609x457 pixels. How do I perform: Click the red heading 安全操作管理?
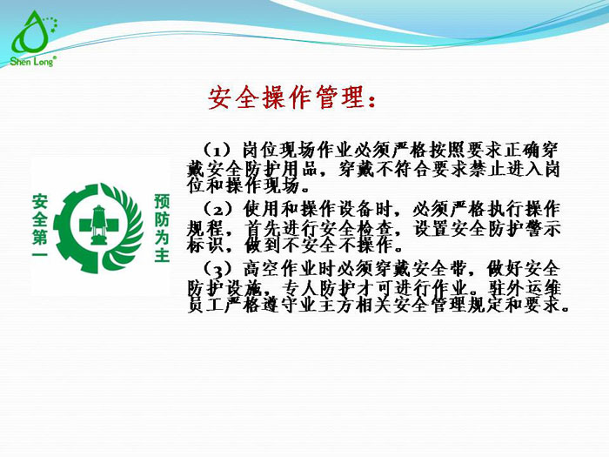click(292, 97)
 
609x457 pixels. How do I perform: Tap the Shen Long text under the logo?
click(32, 62)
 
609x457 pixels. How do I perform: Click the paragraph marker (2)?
click(217, 208)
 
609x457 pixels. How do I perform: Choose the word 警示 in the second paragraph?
click(542, 228)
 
